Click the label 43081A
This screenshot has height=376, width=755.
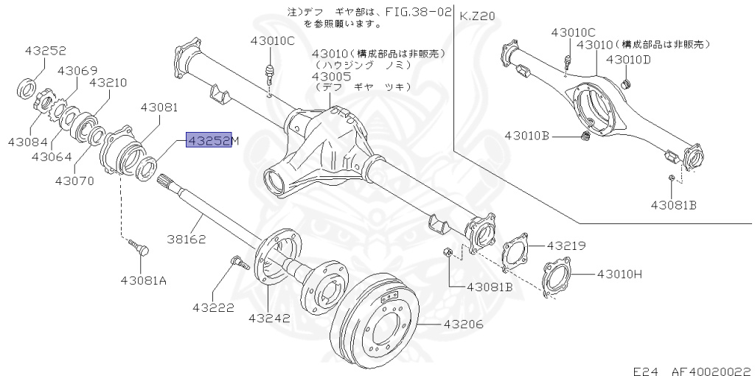(x=143, y=279)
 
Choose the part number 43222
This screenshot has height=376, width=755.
(x=214, y=306)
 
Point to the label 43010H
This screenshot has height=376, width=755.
(x=619, y=274)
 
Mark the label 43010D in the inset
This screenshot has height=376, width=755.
(x=628, y=59)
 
